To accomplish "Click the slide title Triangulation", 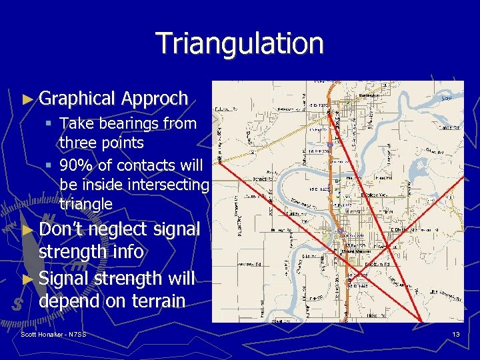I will (x=240, y=43).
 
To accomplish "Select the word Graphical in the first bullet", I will (x=77, y=99).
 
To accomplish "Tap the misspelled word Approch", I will (x=155, y=99).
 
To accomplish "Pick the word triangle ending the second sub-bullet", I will (x=86, y=203).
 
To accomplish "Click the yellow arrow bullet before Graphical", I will (x=27, y=99).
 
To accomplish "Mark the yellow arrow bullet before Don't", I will (x=27, y=230).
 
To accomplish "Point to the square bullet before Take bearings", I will (x=50, y=124).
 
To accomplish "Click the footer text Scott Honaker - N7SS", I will (x=53, y=333).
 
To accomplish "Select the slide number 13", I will (x=456, y=334).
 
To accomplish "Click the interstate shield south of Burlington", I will (x=329, y=145).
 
